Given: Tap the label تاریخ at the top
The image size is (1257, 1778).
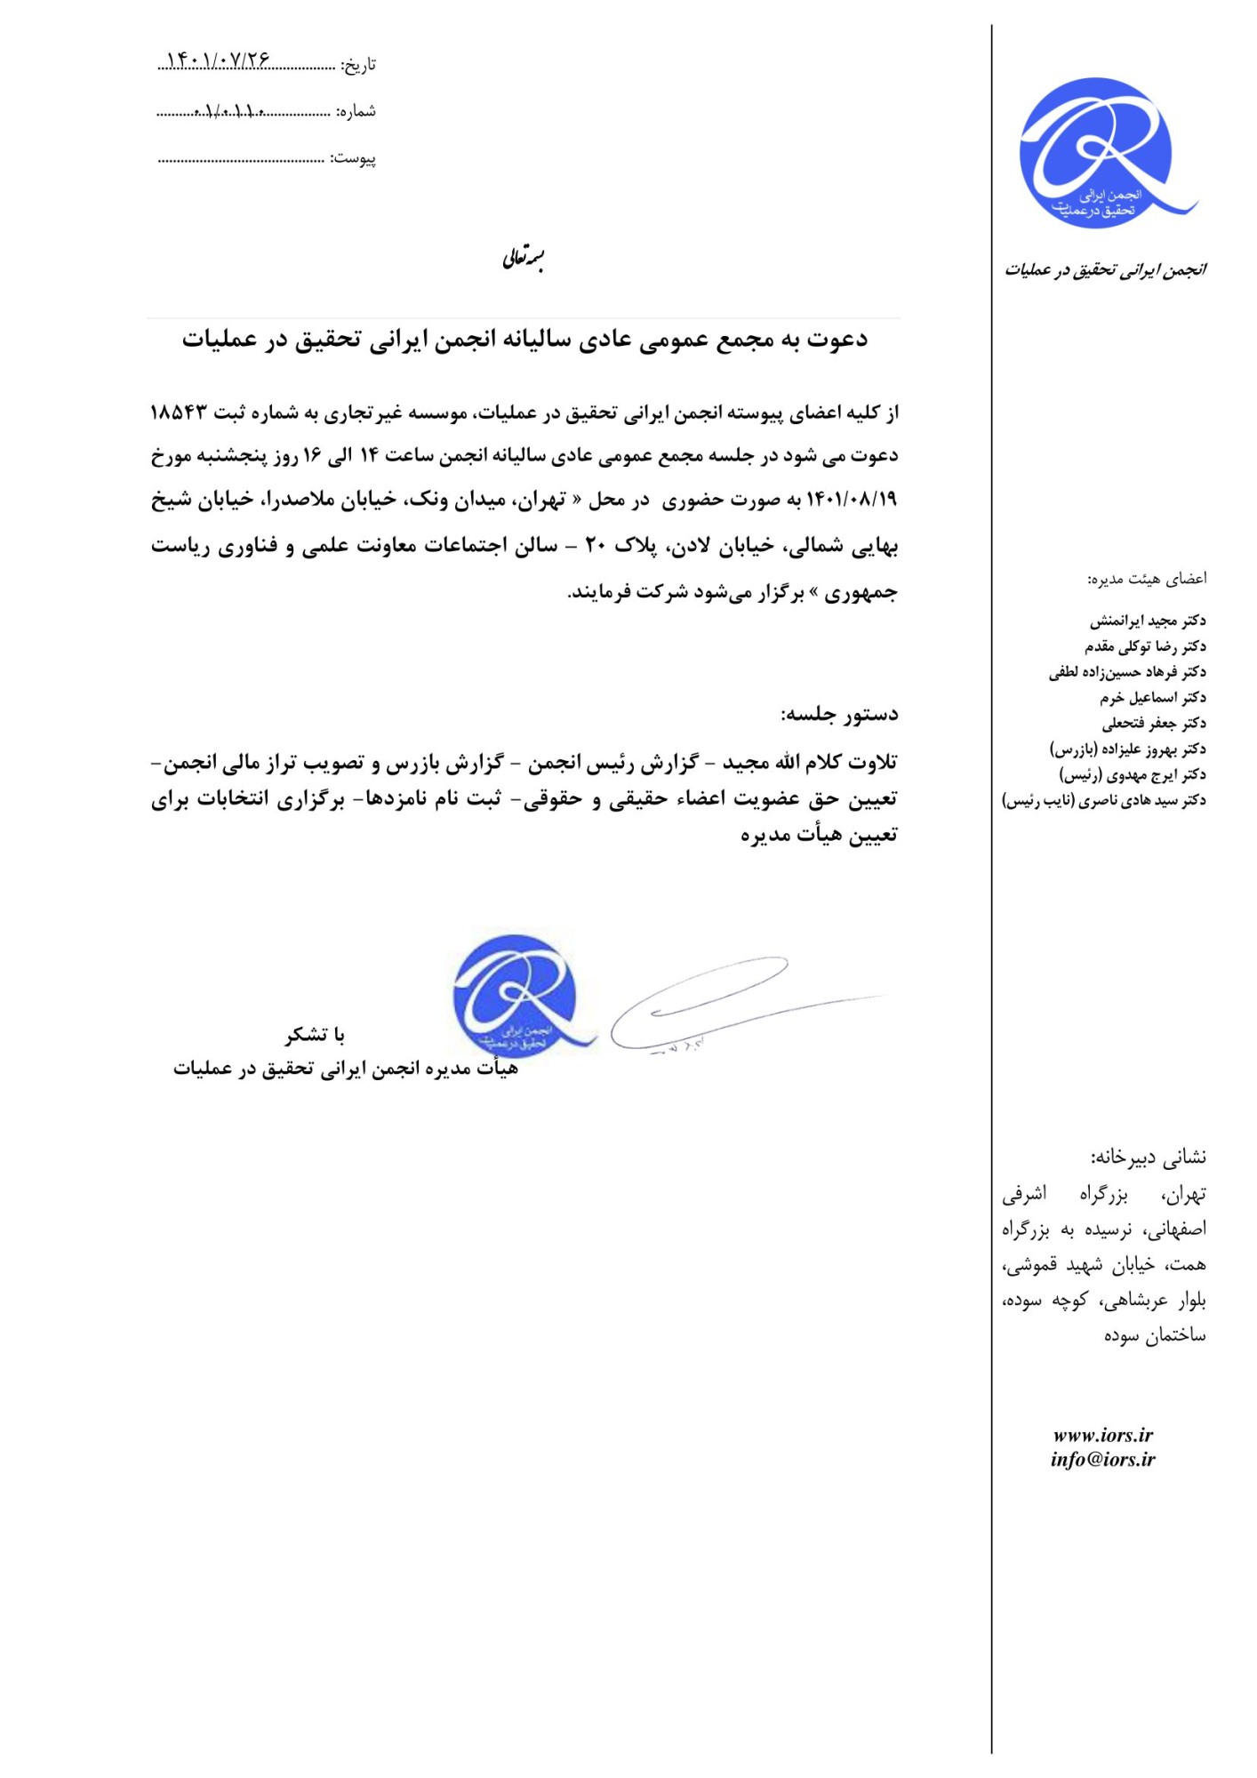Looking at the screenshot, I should pos(360,64).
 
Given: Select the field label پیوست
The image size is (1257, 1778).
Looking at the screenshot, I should pos(355,158).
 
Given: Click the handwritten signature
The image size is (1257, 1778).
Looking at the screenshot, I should pos(711,1005).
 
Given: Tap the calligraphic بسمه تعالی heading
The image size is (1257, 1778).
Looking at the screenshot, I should pos(524,259).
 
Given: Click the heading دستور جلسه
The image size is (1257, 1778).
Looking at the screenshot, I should pos(839,714).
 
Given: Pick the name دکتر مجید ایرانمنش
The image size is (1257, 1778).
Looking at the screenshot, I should pos(1148,620).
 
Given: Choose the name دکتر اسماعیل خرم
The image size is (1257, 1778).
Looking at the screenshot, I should pos(1152,697).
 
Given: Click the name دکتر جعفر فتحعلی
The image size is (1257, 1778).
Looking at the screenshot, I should pos(1154,723).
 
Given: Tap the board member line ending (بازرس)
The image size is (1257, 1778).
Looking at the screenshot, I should pos(1128,749).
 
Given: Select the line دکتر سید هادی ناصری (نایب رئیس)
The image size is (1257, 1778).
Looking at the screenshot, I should pos(1104,800).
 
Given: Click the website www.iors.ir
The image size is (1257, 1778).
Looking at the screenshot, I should pos(1102,1435).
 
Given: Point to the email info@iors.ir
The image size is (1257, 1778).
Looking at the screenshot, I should pos(1102,1459).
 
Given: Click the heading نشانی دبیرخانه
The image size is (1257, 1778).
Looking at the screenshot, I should pos(1148,1157).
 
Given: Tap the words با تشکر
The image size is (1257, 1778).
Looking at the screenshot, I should pos(315,1034).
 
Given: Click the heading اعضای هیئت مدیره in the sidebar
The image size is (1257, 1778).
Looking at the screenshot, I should pos(1147,579).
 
